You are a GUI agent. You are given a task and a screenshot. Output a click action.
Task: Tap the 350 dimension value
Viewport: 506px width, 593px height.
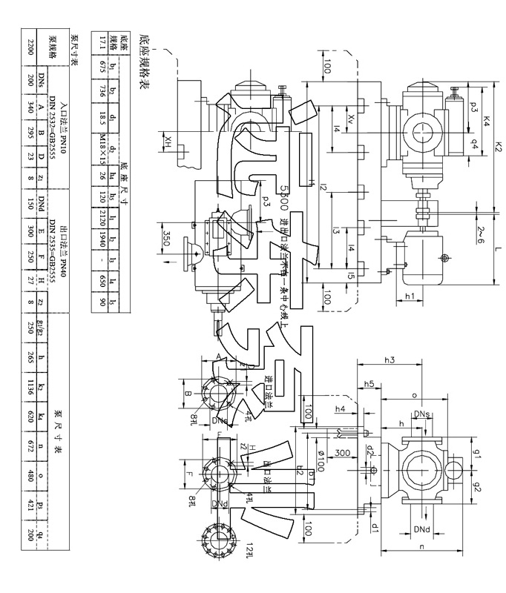tap(169, 239)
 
